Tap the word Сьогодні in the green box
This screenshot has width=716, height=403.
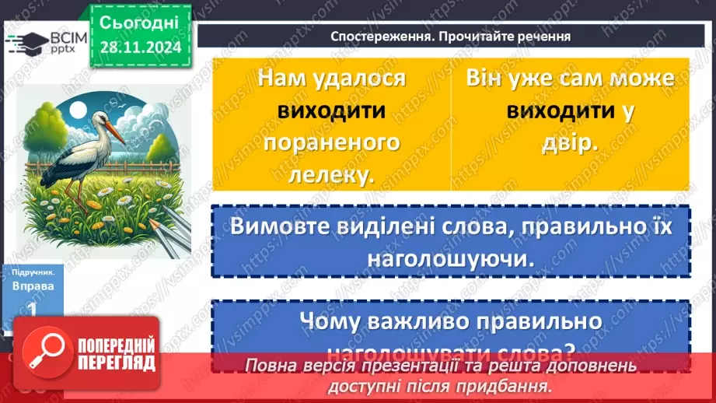(x=139, y=21)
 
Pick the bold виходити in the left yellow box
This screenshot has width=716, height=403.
(x=332, y=110)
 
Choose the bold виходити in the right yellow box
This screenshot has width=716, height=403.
(x=561, y=110)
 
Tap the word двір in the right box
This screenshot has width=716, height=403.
(x=570, y=143)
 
